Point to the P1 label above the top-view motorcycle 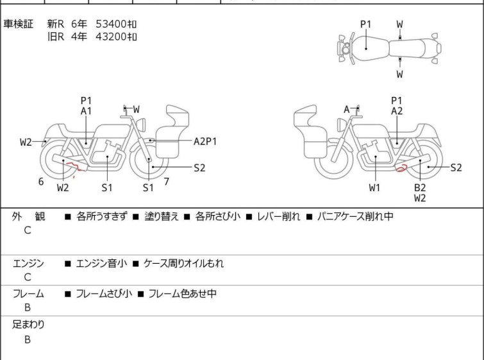365,24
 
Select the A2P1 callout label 205,141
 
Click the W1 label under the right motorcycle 374,188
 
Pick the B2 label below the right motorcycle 420,187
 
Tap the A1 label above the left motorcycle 86,111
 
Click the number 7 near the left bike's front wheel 166,182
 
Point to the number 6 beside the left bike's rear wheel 41,182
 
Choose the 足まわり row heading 29,325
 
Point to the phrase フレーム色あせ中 182,294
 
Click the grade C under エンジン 28,277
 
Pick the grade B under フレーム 28,308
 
